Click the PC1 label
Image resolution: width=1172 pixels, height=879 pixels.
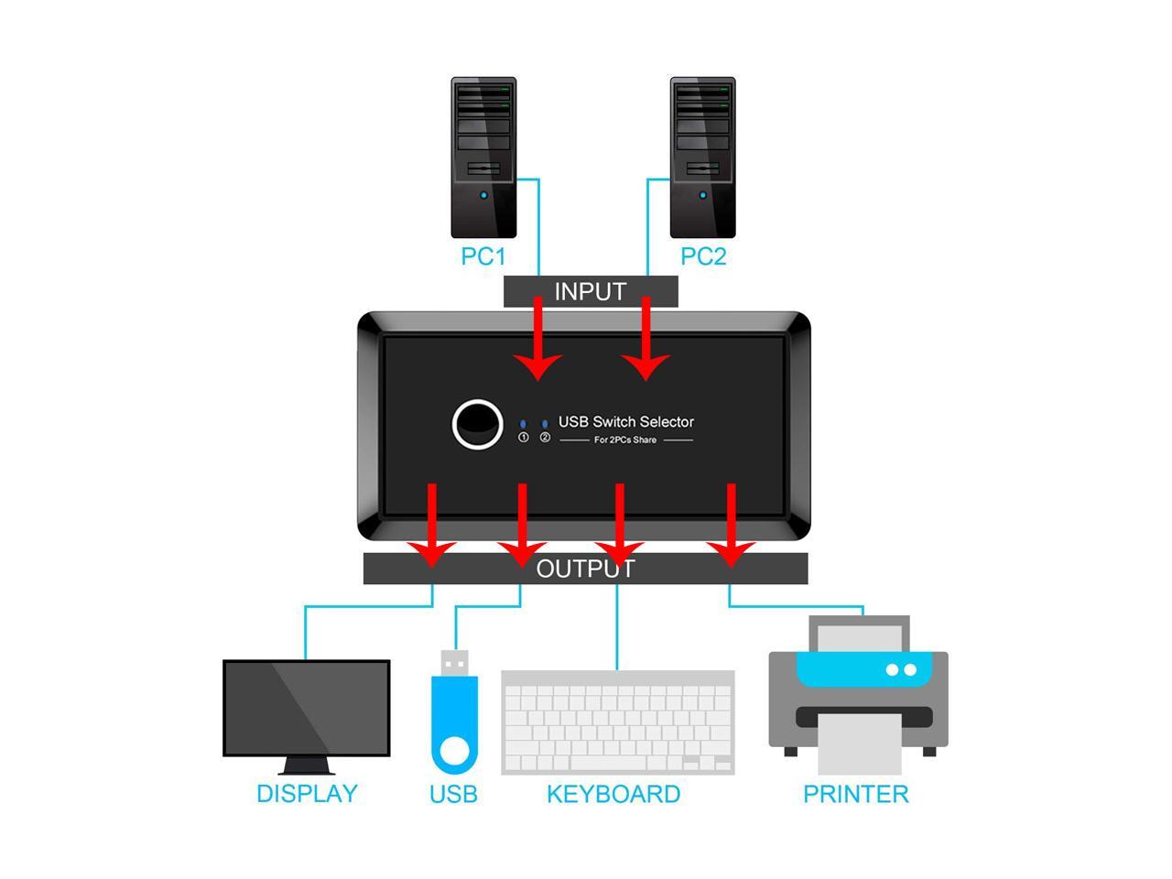tap(483, 256)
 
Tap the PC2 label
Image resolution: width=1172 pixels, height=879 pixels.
tap(702, 256)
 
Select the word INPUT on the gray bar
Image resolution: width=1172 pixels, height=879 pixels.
tap(590, 291)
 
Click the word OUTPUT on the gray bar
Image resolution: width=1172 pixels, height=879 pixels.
tap(585, 569)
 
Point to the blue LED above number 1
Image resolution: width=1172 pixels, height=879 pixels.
tap(523, 424)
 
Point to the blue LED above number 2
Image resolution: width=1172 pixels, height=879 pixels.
tap(545, 424)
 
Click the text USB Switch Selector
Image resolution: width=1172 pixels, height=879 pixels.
tap(625, 421)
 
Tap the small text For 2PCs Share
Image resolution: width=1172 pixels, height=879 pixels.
tap(625, 439)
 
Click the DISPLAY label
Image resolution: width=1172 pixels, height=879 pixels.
tap(307, 794)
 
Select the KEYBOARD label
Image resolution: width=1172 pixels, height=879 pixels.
tap(613, 794)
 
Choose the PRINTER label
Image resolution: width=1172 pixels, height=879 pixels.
tap(856, 794)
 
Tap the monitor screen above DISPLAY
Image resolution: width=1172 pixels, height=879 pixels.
tap(307, 708)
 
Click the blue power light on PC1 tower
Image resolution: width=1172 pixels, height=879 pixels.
tap(483, 195)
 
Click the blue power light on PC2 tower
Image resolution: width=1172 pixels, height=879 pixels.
tap(702, 195)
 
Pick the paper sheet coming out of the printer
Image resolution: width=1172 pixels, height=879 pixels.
tap(859, 744)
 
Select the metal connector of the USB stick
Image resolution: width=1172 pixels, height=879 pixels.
tap(454, 664)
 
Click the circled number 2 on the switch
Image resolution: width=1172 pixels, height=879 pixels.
tap(545, 437)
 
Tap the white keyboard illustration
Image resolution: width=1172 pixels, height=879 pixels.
tap(618, 722)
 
